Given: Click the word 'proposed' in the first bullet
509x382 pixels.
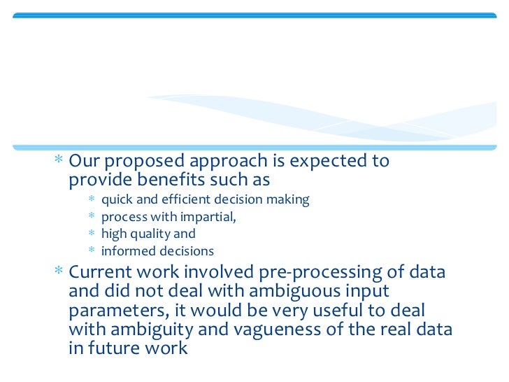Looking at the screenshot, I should tap(137, 162).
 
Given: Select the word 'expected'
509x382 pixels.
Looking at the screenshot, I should tap(329, 162).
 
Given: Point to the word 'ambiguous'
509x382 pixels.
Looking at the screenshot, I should tap(280, 290).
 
